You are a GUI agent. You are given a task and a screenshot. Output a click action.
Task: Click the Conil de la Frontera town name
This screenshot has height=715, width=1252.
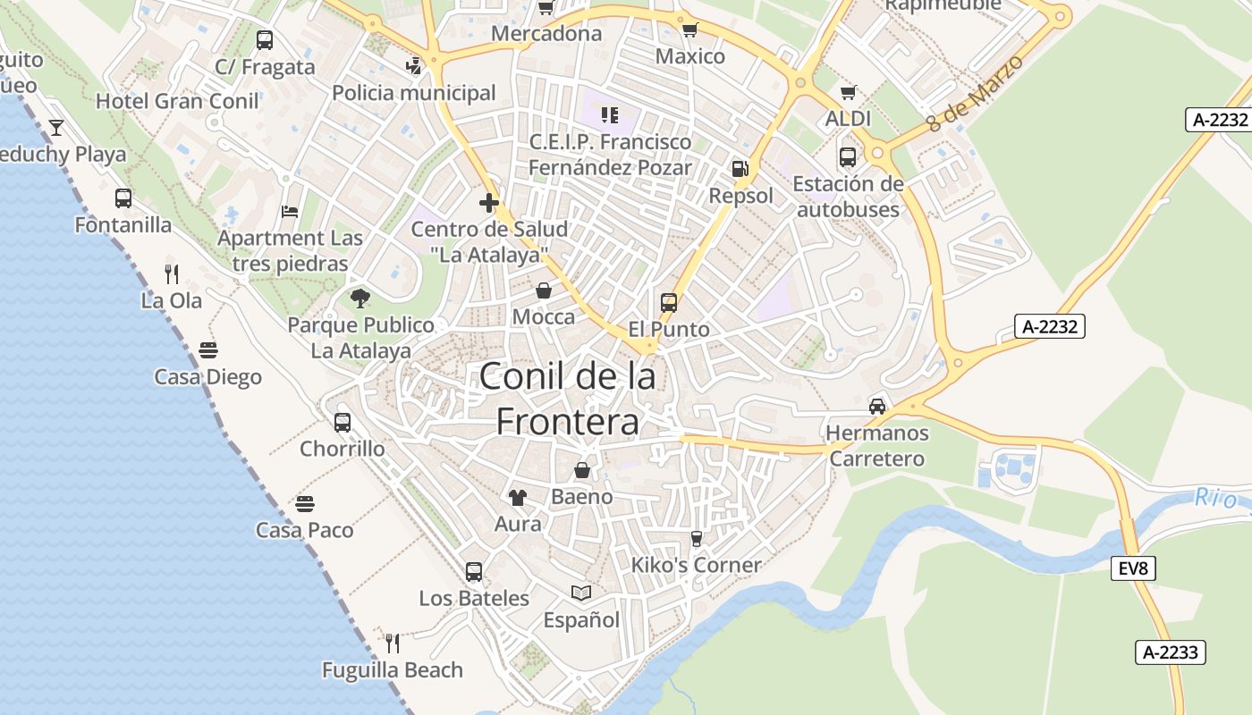click(568, 399)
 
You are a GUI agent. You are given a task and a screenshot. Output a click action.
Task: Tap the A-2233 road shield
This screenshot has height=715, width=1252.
click(1171, 652)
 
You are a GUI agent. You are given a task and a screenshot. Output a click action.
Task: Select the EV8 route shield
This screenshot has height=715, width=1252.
click(1133, 568)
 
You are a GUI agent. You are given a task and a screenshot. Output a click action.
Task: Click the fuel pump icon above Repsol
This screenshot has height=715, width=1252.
click(740, 168)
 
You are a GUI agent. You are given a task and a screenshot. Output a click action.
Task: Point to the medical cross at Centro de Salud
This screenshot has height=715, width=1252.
click(489, 203)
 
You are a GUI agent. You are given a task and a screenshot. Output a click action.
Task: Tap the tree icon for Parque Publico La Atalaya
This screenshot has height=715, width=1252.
click(360, 298)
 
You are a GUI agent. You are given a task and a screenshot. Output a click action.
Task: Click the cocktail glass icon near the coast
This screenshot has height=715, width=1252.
click(56, 127)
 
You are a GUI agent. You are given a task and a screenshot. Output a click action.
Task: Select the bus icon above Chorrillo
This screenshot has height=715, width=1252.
click(343, 423)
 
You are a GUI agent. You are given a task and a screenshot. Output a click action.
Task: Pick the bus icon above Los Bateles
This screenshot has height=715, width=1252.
click(474, 572)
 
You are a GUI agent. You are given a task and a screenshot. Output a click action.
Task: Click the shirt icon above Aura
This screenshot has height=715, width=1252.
click(517, 498)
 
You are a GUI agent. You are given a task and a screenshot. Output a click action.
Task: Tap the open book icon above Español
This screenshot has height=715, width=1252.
click(581, 593)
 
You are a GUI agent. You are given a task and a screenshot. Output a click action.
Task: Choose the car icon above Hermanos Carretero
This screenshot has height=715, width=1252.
click(877, 407)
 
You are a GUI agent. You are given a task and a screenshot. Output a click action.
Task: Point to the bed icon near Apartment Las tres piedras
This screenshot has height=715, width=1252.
click(290, 212)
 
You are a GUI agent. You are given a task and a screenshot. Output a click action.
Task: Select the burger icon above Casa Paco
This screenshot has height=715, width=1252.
click(305, 503)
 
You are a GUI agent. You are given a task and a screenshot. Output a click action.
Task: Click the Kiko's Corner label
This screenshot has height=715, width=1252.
click(696, 565)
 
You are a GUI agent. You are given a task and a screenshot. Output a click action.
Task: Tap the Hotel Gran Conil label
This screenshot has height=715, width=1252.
click(177, 101)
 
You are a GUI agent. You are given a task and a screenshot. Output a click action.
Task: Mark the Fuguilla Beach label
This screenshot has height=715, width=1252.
click(393, 669)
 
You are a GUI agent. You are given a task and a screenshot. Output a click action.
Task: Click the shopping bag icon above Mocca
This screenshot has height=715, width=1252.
click(544, 290)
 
